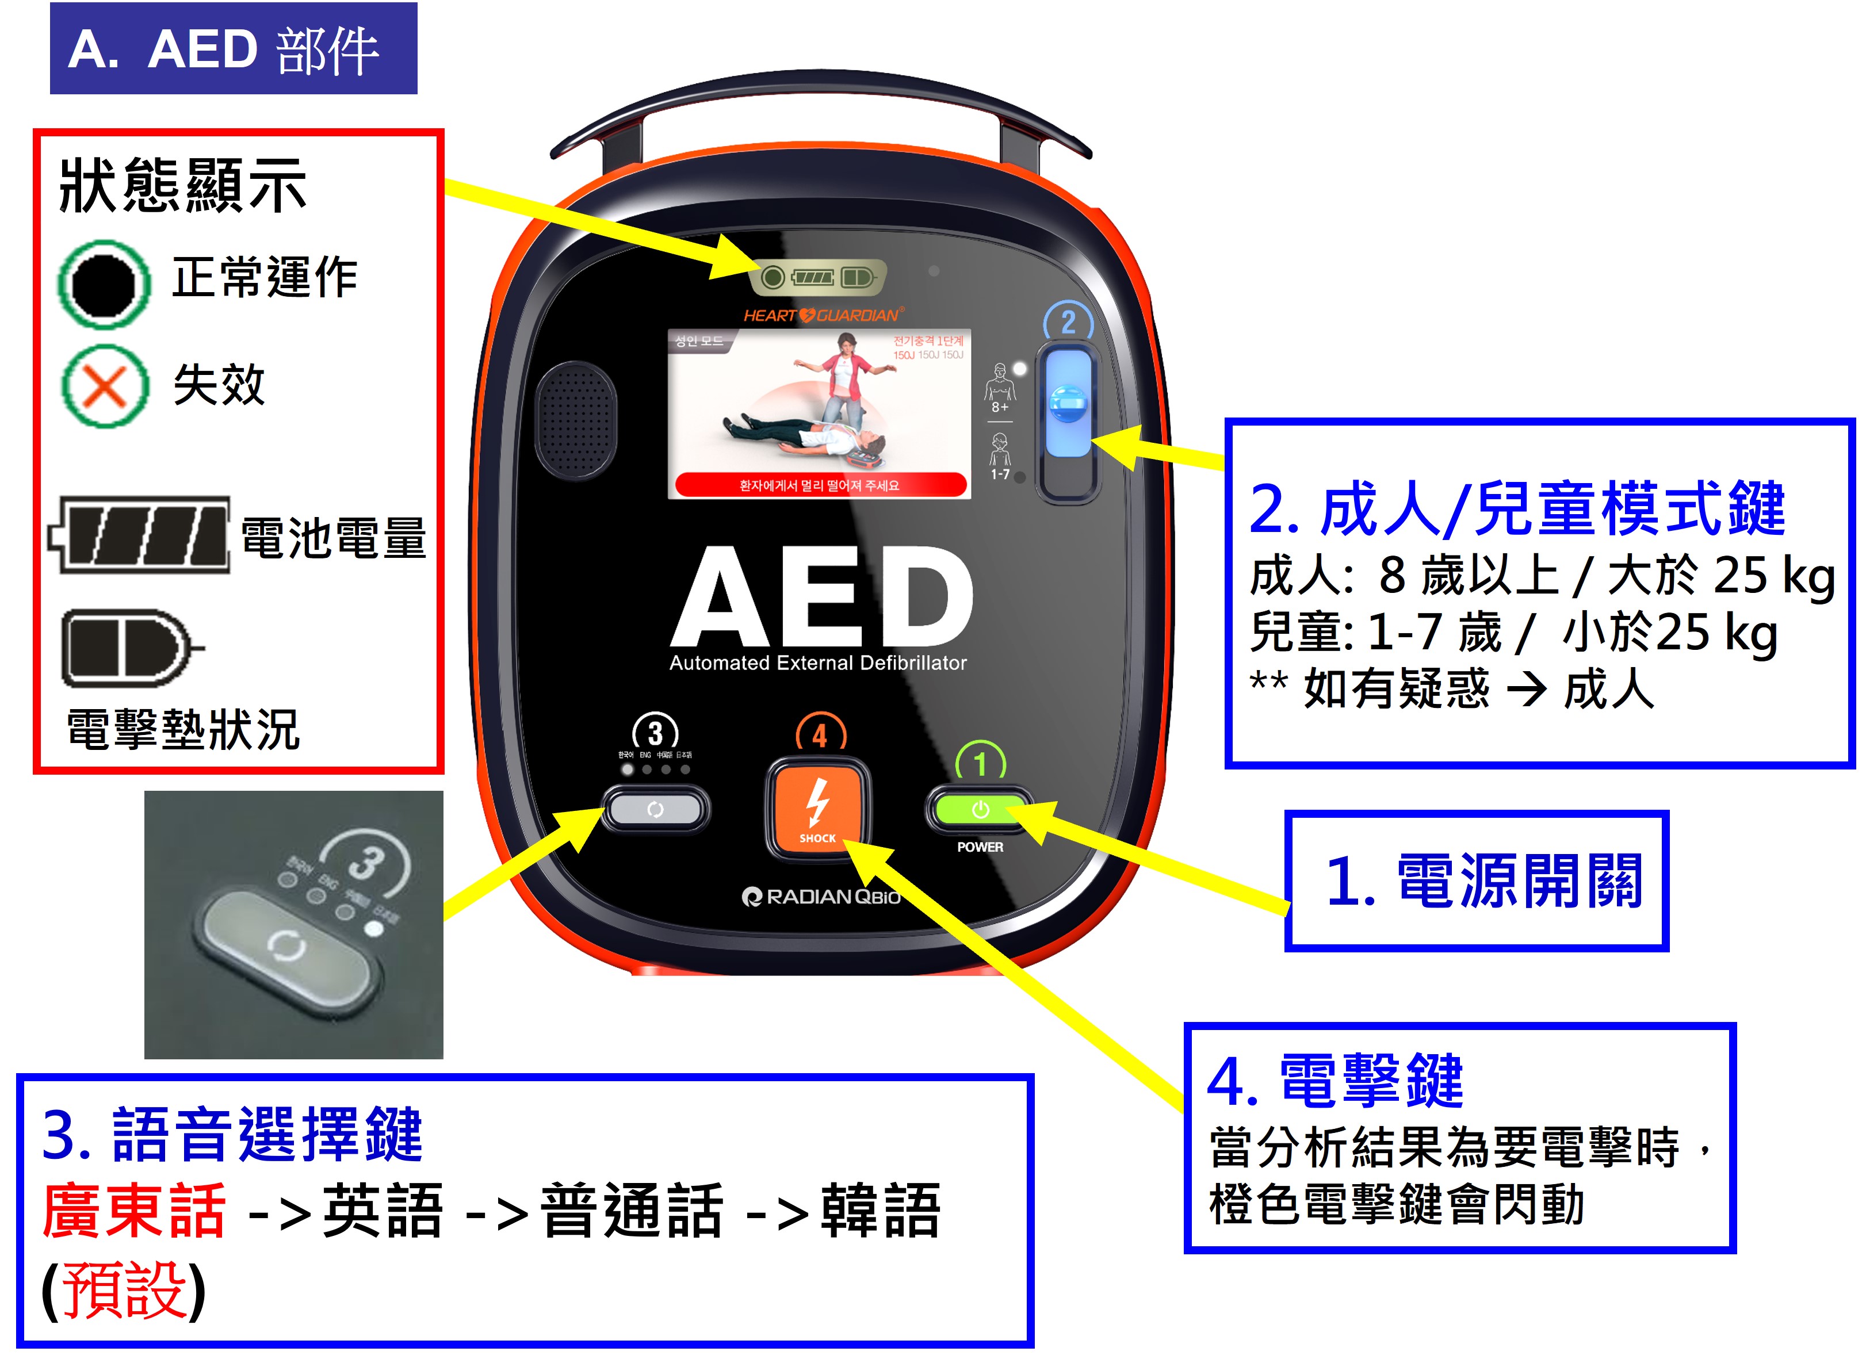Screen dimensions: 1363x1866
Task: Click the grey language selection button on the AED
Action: click(655, 809)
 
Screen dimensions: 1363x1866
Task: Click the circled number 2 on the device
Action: click(1068, 322)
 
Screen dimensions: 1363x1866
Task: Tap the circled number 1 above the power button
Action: click(980, 763)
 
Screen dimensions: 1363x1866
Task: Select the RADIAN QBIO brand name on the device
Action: click(821, 896)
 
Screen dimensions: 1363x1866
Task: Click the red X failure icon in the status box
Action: click(105, 385)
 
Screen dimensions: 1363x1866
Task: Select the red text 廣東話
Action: click(133, 1211)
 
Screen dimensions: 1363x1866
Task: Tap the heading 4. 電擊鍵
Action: click(1334, 1080)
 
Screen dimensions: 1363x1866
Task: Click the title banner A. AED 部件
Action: click(234, 49)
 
